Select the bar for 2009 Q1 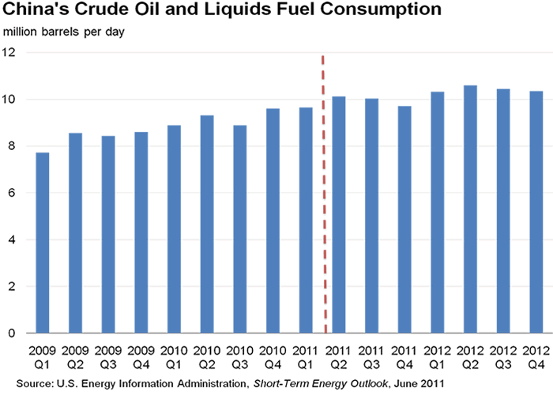coord(43,243)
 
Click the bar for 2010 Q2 coord(207,224)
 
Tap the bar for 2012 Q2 coord(471,209)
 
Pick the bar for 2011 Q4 coord(404,220)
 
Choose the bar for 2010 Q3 coord(240,229)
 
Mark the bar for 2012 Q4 coord(536,212)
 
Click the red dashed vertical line coord(324,194)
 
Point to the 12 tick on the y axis coord(9,53)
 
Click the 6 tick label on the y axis coord(12,193)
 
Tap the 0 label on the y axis coord(12,333)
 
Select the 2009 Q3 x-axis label coord(108,357)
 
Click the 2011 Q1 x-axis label coord(306,357)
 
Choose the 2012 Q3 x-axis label coord(503,357)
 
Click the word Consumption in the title coord(381,9)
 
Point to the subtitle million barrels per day coord(64,32)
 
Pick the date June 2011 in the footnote coord(419,383)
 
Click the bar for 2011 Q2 coord(339,215)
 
